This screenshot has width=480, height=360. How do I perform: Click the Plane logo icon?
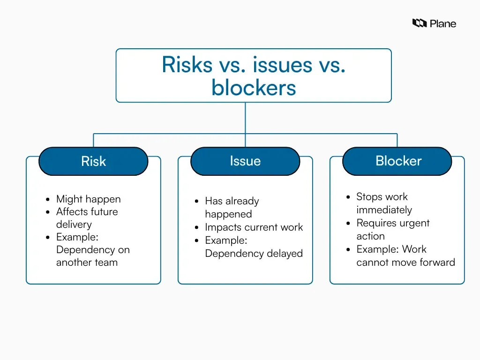419,23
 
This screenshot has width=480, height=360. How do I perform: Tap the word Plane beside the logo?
443,23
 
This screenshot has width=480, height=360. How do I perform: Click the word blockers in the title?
254,88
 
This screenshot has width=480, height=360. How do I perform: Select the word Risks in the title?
187,65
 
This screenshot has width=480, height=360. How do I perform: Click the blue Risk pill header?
93,161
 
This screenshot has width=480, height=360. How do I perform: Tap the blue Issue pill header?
245,161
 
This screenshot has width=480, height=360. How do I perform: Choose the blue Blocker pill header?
397,161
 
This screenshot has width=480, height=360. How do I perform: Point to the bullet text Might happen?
88,199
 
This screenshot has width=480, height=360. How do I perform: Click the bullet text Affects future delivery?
87,218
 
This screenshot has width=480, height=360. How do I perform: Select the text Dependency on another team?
92,256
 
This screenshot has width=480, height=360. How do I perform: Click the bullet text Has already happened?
232,208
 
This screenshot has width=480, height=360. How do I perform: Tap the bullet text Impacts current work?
254,227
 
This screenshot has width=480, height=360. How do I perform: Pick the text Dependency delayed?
254,254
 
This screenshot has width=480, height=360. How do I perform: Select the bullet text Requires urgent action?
392,229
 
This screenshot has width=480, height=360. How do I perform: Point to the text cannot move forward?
405,262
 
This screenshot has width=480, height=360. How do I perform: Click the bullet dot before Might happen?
48,199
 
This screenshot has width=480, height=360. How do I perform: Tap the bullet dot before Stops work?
348,197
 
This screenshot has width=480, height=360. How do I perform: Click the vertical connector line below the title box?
245,117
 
